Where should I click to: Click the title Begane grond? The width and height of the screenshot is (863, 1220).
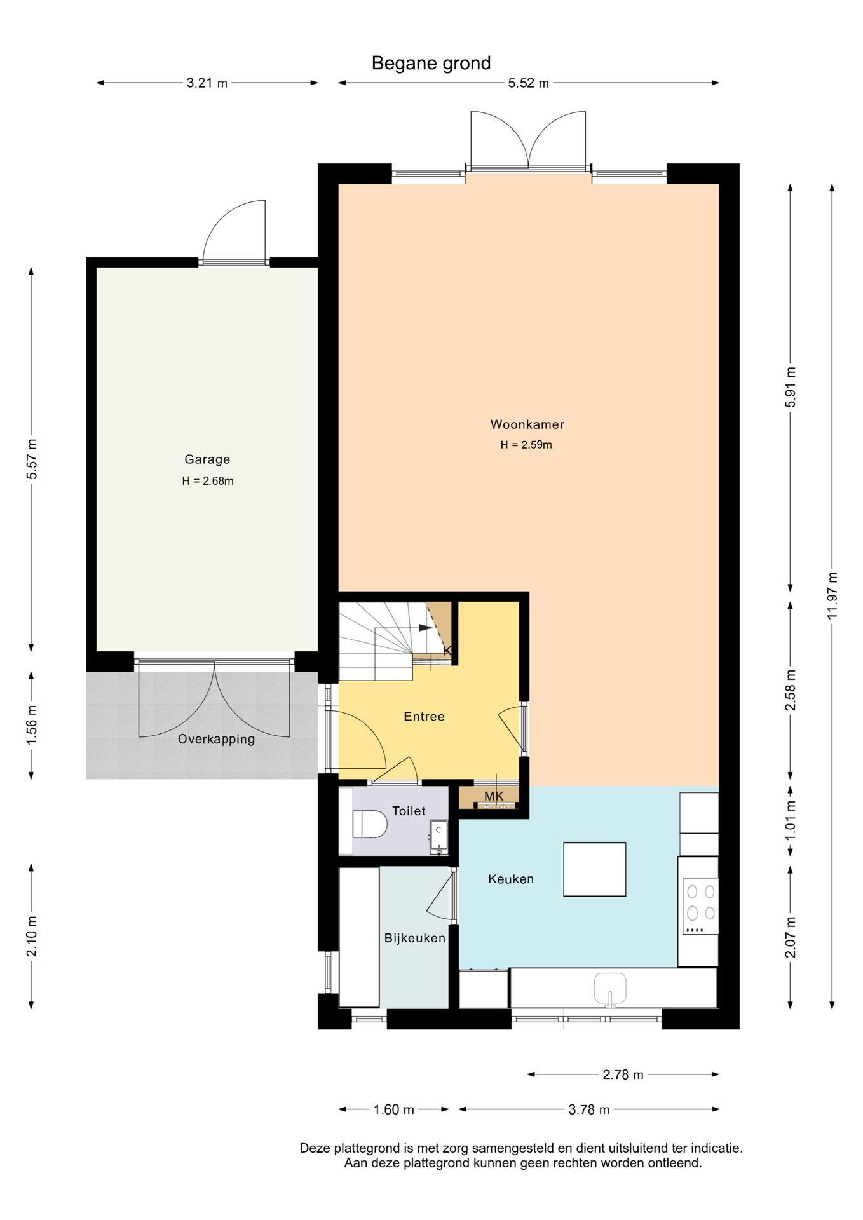click(431, 64)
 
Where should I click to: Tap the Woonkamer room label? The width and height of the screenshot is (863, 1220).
click(527, 424)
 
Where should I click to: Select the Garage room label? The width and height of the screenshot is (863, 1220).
click(207, 459)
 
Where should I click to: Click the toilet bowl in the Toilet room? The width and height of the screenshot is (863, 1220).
click(370, 823)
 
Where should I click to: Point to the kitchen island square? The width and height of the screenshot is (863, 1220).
click(595, 869)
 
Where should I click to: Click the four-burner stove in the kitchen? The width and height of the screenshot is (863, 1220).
click(701, 906)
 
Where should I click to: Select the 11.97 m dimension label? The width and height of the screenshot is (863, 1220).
click(832, 595)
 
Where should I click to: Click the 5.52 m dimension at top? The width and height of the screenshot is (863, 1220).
click(528, 83)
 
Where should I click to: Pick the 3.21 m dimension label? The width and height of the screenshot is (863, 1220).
click(207, 83)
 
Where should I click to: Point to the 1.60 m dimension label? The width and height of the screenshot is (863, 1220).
click(393, 1109)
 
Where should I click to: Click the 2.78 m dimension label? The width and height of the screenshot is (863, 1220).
click(623, 1074)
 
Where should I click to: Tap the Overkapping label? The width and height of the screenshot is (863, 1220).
click(216, 739)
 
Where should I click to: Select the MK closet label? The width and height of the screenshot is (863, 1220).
click(494, 796)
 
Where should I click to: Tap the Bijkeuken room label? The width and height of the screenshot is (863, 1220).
click(415, 938)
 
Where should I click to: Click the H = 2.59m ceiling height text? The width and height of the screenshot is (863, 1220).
click(526, 445)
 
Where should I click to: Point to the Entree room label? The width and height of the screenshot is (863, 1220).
click(424, 717)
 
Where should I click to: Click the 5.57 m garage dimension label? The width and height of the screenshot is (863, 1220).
click(32, 459)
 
